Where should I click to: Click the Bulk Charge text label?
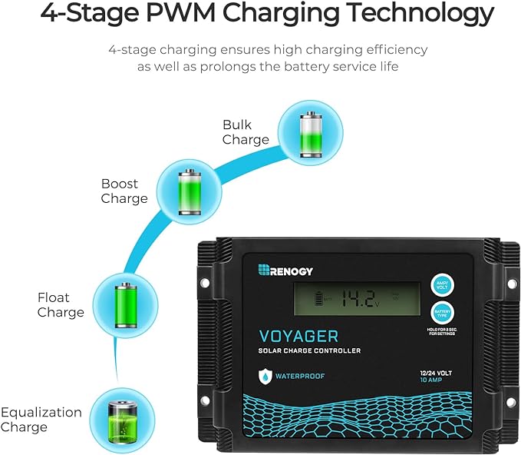(246, 132)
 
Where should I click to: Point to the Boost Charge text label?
(124, 191)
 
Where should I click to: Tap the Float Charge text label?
(61, 305)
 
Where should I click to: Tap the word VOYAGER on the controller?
(304, 336)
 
